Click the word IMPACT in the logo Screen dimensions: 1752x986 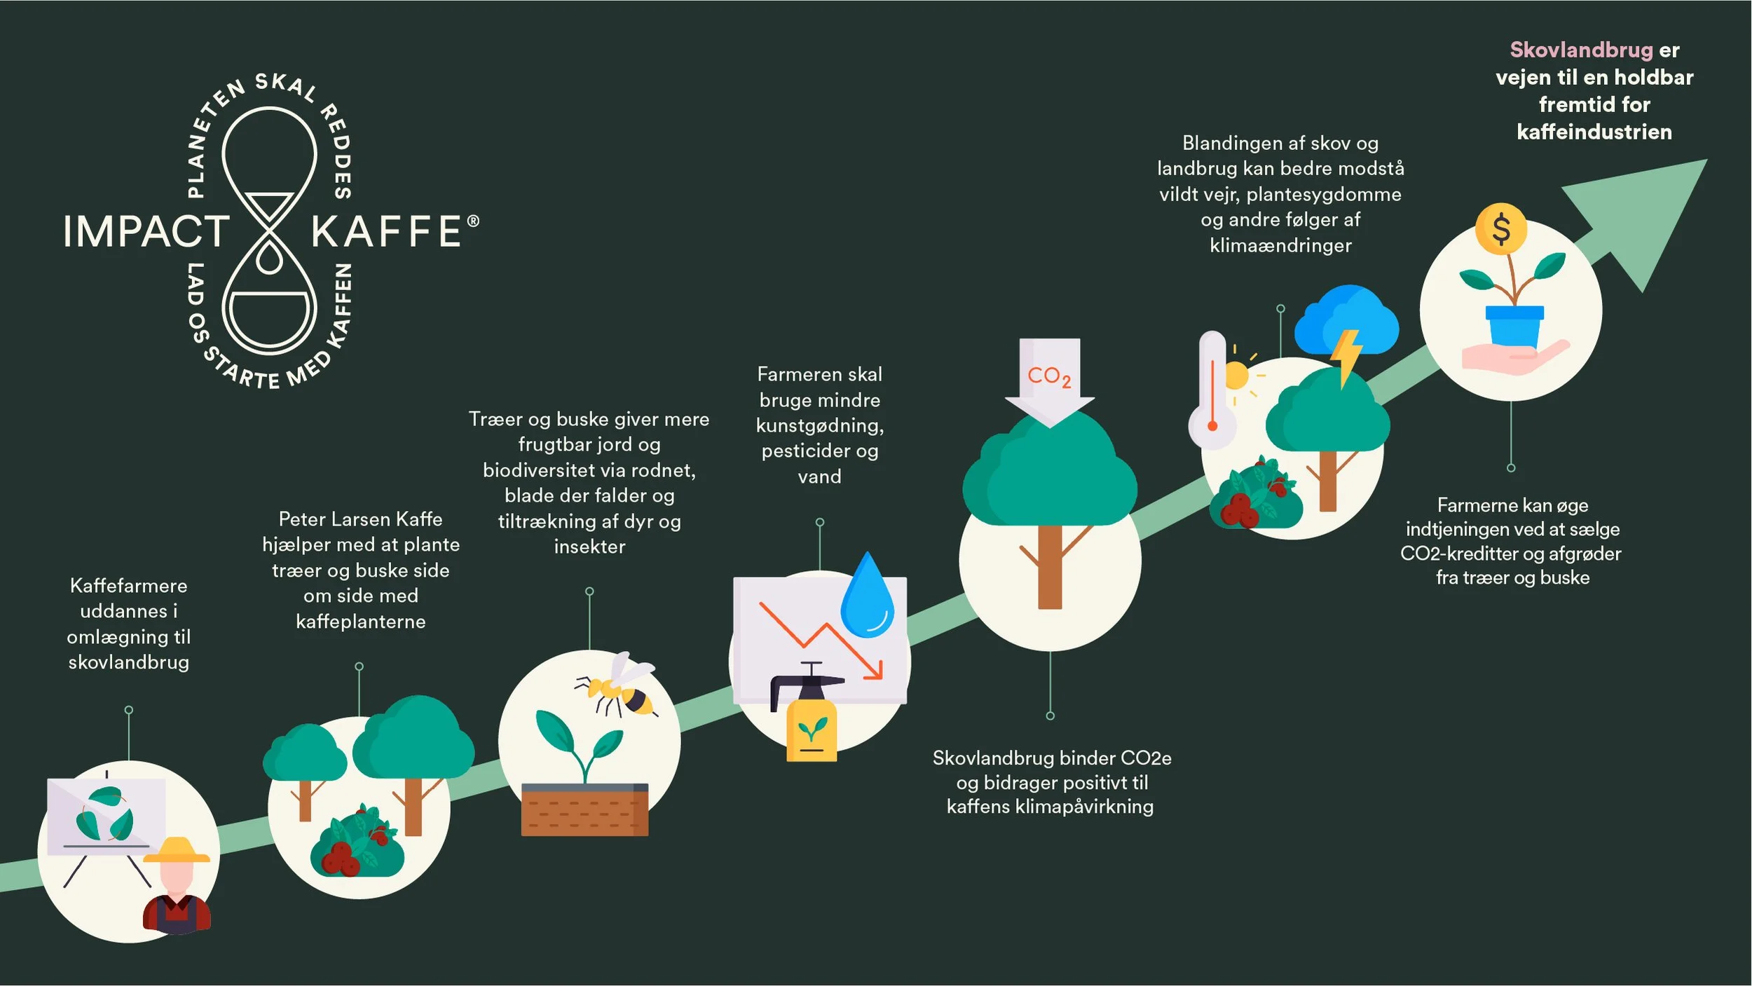click(x=146, y=231)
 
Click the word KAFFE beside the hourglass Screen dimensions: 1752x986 click(x=386, y=231)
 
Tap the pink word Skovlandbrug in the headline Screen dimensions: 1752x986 click(x=1581, y=50)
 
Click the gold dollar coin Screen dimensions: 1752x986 click(x=1501, y=229)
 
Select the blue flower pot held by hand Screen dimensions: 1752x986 click(x=1514, y=326)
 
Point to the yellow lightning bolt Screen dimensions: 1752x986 click(x=1346, y=357)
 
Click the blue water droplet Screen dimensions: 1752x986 click(x=867, y=597)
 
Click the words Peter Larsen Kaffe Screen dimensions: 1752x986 click(x=360, y=519)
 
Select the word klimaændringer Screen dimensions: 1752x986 click(x=1280, y=245)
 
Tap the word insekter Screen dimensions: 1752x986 click(x=589, y=547)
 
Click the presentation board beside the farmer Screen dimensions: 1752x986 click(x=107, y=816)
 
